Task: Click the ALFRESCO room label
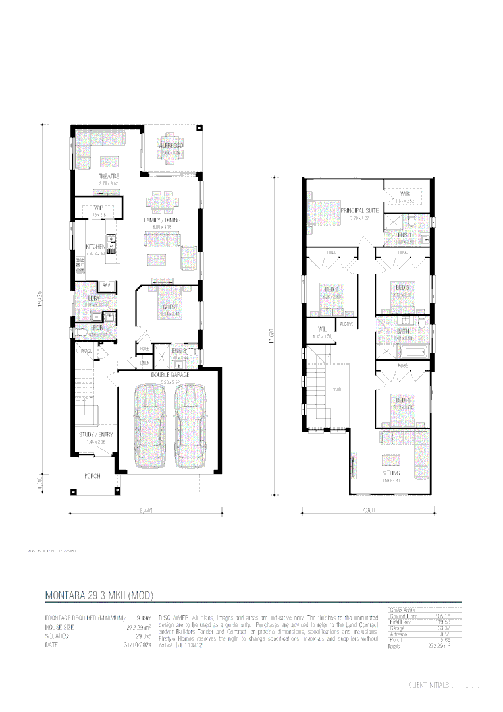[171, 144]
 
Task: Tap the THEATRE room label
[109, 177]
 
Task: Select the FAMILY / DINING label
[162, 220]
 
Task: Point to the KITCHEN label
[95, 247]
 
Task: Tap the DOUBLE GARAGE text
[171, 374]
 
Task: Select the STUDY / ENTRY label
[95, 435]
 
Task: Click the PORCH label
[92, 475]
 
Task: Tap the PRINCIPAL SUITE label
[359, 210]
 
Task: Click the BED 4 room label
[403, 400]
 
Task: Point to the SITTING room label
[391, 473]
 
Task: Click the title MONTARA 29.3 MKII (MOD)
[99, 595]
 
